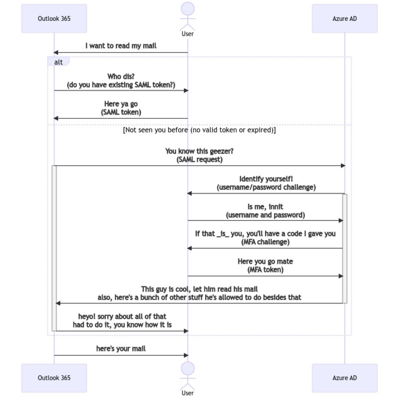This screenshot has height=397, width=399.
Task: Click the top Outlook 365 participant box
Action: click(x=54, y=19)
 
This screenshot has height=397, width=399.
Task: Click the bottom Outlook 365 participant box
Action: click(x=54, y=378)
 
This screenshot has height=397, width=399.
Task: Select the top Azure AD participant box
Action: click(x=344, y=19)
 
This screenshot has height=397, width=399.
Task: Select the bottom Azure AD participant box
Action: click(x=344, y=378)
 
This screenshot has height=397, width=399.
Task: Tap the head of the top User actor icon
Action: click(x=188, y=9)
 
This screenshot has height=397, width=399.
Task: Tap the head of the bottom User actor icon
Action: click(x=188, y=368)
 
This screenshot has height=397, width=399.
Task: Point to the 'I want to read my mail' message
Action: click(x=121, y=46)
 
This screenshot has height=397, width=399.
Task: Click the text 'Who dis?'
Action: click(x=121, y=76)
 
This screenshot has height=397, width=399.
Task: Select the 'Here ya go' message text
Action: click(x=121, y=103)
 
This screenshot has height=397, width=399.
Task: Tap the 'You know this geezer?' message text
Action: click(x=199, y=151)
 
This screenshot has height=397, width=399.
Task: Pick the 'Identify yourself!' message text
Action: click(x=265, y=179)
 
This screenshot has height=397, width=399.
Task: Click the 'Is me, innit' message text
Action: click(x=265, y=206)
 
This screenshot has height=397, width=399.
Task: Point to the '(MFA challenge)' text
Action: click(x=265, y=242)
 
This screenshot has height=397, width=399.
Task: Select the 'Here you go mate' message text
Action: click(x=265, y=261)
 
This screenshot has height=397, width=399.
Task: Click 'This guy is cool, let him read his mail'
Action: click(x=199, y=289)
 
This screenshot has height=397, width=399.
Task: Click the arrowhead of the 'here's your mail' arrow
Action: click(x=185, y=355)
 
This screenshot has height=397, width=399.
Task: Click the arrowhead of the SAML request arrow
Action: click(x=342, y=166)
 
